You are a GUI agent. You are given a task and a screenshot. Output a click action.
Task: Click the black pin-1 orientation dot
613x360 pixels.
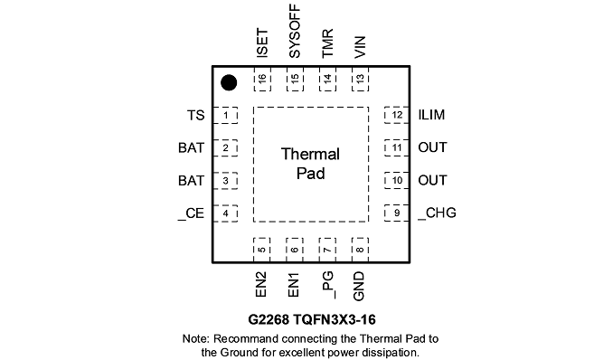[x=229, y=83]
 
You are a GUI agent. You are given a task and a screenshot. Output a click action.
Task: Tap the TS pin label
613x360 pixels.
[x=195, y=116]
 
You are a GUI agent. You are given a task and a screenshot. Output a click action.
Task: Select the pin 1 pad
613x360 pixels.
[x=225, y=116]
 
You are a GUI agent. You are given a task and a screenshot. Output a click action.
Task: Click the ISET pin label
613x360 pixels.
[x=262, y=43]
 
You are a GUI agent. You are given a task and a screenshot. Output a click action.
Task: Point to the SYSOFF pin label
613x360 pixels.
[x=295, y=32]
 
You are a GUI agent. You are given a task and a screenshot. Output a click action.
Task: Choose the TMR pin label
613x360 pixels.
[x=327, y=43]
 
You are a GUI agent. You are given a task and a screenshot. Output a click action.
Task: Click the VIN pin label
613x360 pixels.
[x=360, y=47]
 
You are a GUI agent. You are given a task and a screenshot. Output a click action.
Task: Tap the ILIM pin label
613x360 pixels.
[x=431, y=115]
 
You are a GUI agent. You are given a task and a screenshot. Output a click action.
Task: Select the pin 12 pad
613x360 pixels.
[x=396, y=115]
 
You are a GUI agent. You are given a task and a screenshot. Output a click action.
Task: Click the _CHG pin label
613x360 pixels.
[x=437, y=213]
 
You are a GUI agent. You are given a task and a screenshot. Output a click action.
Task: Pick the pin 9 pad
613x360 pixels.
[x=396, y=213]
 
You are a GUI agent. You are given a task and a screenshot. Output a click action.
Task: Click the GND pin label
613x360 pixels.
[x=359, y=287]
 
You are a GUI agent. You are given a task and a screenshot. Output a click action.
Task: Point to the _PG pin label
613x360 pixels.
[x=327, y=285]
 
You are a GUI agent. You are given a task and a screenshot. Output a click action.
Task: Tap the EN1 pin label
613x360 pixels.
[x=293, y=285]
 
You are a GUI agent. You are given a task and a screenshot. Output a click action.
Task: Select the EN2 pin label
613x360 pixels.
[x=260, y=285]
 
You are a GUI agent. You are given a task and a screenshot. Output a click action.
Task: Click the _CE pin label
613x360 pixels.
[x=191, y=213]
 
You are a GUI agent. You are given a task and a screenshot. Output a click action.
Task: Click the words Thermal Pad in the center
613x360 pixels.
[x=310, y=164]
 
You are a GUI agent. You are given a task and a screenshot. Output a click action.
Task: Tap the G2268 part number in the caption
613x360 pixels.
[x=269, y=319]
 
